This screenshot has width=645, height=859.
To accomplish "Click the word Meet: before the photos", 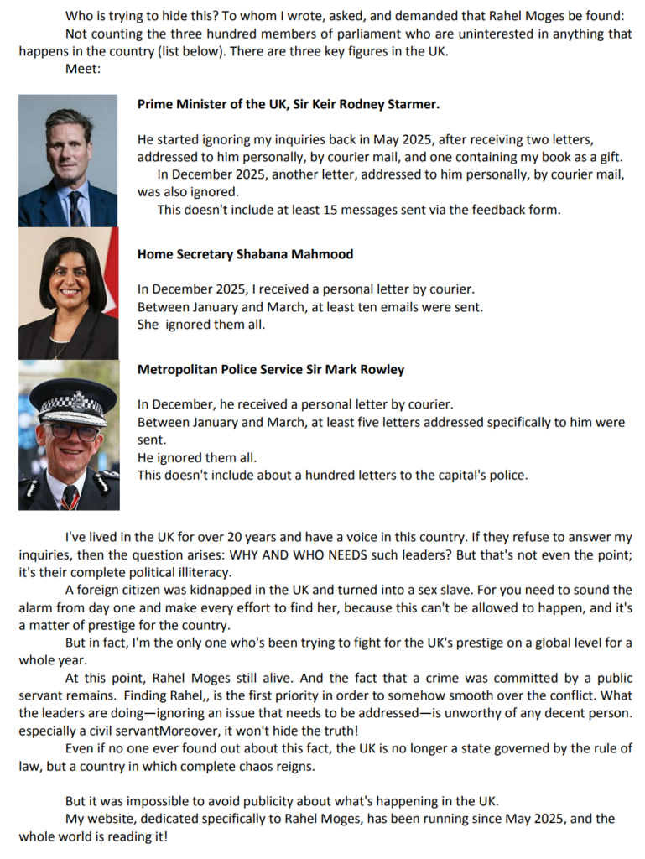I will coord(83,69).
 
